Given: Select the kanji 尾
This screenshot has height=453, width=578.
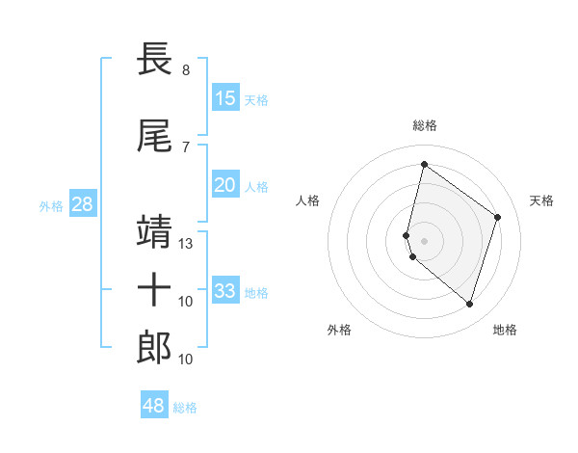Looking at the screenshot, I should pos(154,137).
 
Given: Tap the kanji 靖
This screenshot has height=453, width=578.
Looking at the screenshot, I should pos(154,232).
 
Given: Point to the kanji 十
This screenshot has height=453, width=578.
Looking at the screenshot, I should pos(154,289).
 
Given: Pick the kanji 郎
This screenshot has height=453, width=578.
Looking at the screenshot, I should pos(154,346).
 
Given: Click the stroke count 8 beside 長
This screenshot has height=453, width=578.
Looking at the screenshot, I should pos(185,70).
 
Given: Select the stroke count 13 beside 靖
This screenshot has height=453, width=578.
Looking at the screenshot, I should pos(187,244).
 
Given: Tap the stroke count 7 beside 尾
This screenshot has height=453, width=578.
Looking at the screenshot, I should pos(185,147).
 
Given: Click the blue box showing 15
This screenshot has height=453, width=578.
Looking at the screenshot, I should pos(225,98).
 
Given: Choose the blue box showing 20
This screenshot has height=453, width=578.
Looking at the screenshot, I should pos(225,185).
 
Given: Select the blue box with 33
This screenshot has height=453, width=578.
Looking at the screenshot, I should pos(225,291).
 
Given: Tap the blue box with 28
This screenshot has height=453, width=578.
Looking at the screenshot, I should pos(82,204).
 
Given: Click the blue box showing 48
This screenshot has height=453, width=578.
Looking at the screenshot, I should pos(154,406).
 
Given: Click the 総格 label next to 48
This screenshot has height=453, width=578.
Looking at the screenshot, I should pos(186,408).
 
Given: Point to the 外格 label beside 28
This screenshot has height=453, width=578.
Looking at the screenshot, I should pos(51,205).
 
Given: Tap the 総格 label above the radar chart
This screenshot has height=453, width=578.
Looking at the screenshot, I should pos(425,125).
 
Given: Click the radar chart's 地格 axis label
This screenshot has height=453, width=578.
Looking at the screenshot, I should pos(505,331).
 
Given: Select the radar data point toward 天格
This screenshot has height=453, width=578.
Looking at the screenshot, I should pos(498,217).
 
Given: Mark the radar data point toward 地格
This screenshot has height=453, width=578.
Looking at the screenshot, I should pos(469,305).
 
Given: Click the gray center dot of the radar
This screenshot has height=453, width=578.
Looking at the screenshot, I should pos(425,240).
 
